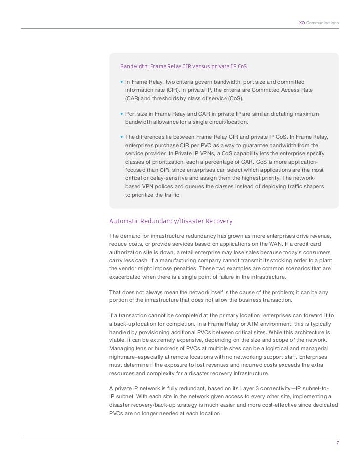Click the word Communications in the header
[322, 23]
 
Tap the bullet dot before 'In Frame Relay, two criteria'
[122, 81]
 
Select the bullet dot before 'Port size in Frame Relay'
[122, 114]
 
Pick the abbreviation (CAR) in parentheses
[133, 98]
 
